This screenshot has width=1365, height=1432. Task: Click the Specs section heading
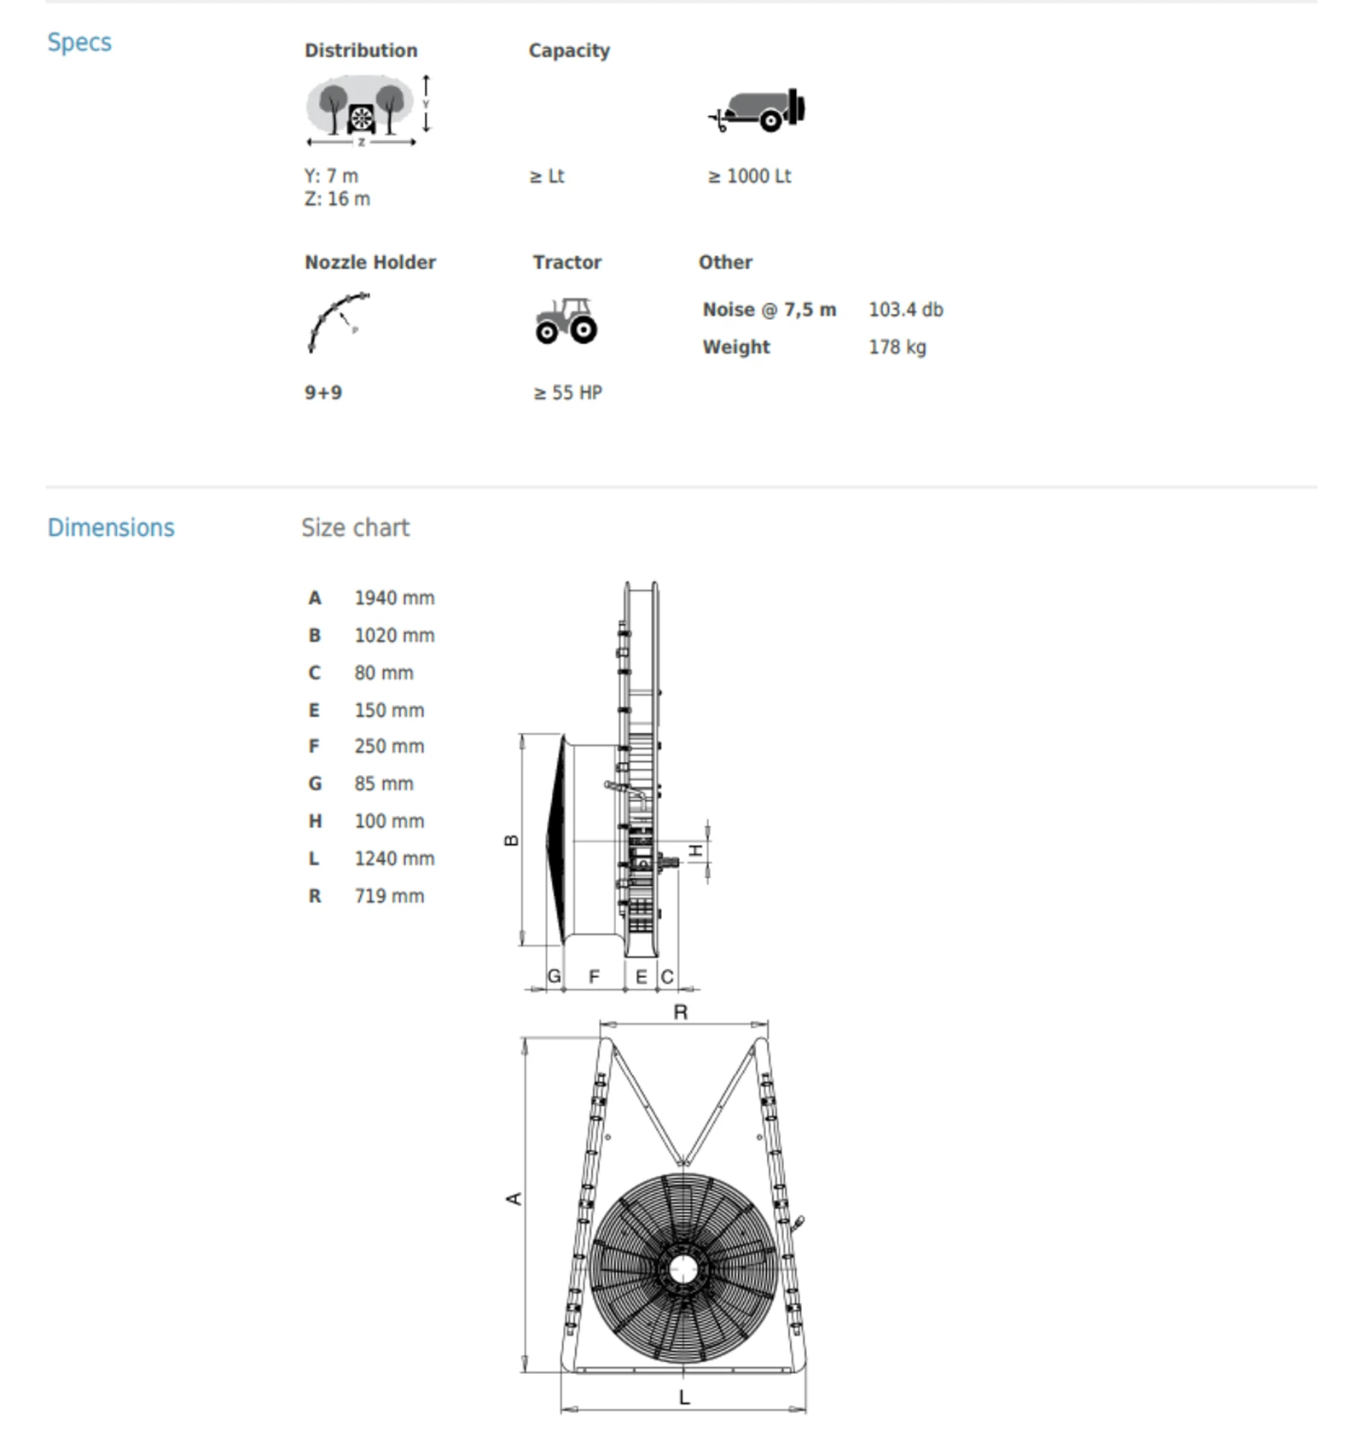click(79, 42)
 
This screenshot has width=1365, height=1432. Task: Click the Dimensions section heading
click(111, 527)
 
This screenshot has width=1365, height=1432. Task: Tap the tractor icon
click(566, 321)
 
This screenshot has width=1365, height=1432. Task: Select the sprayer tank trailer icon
click(758, 110)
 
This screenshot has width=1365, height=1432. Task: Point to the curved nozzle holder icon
click(338, 322)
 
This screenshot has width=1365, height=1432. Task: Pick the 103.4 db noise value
click(905, 310)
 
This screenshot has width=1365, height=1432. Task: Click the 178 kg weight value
click(897, 347)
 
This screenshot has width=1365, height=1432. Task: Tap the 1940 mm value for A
click(394, 598)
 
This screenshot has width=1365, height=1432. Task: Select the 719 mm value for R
click(389, 896)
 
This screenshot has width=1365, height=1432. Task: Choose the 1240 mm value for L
click(394, 859)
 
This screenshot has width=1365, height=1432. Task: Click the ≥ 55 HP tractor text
click(568, 393)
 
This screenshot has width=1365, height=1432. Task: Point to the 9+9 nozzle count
click(323, 393)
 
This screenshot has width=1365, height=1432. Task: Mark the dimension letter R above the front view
click(681, 1012)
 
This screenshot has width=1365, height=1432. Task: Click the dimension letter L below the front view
click(683, 1397)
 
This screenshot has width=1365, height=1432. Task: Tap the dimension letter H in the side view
click(696, 851)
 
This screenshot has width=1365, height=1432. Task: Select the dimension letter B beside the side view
click(512, 841)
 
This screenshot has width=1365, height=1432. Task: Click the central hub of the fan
click(682, 1269)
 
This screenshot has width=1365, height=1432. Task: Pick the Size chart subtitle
click(355, 527)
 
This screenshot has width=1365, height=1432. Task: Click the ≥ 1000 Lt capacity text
click(749, 177)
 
